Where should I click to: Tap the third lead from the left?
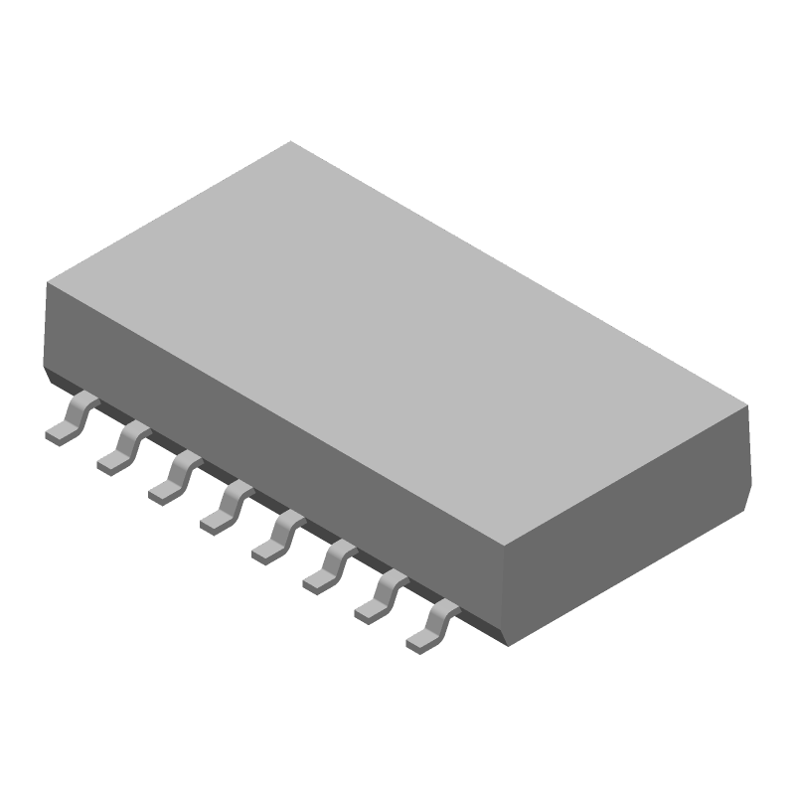(175, 477)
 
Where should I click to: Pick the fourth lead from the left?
(226, 506)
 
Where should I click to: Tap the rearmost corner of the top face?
(290, 141)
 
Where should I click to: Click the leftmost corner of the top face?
(48, 283)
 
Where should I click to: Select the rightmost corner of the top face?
(747, 406)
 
